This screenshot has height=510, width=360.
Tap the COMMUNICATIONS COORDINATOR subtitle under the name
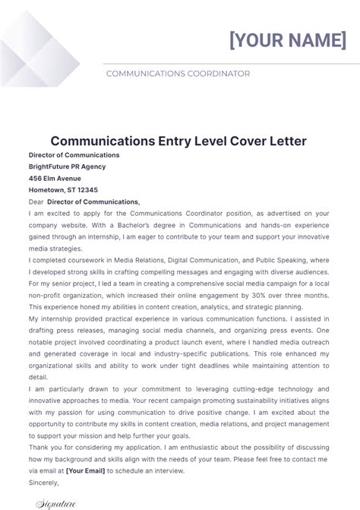click(x=178, y=74)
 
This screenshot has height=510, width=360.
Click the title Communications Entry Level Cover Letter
click(x=178, y=141)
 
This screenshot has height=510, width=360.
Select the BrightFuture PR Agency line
click(x=68, y=166)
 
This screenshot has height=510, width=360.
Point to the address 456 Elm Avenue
click(x=55, y=179)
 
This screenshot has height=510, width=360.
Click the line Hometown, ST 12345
click(x=63, y=190)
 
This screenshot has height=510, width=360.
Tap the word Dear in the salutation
click(x=36, y=201)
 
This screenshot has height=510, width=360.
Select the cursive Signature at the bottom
click(x=58, y=502)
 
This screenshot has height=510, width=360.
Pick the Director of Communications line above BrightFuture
click(x=74, y=155)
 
